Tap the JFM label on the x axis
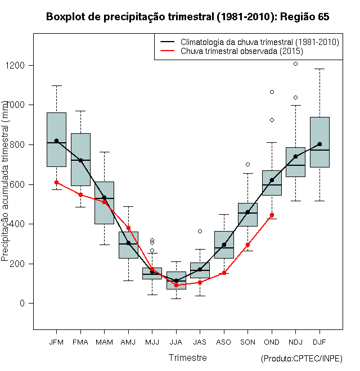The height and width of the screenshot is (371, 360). (56, 342)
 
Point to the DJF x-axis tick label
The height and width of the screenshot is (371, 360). (319, 342)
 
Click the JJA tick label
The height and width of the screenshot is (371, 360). (176, 342)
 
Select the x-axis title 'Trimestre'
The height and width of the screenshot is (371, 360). (187, 358)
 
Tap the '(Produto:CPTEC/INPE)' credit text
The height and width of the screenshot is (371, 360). (301, 359)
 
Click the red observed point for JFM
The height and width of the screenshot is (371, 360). (56, 182)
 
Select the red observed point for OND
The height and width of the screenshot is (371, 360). (272, 215)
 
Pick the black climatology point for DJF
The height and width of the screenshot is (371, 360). (319, 144)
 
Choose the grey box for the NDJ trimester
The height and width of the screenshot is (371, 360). (295, 162)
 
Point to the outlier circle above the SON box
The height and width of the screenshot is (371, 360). (247, 165)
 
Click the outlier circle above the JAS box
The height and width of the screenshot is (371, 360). (200, 231)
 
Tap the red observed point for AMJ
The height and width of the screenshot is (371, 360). (128, 228)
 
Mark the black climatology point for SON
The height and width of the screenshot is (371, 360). (247, 212)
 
